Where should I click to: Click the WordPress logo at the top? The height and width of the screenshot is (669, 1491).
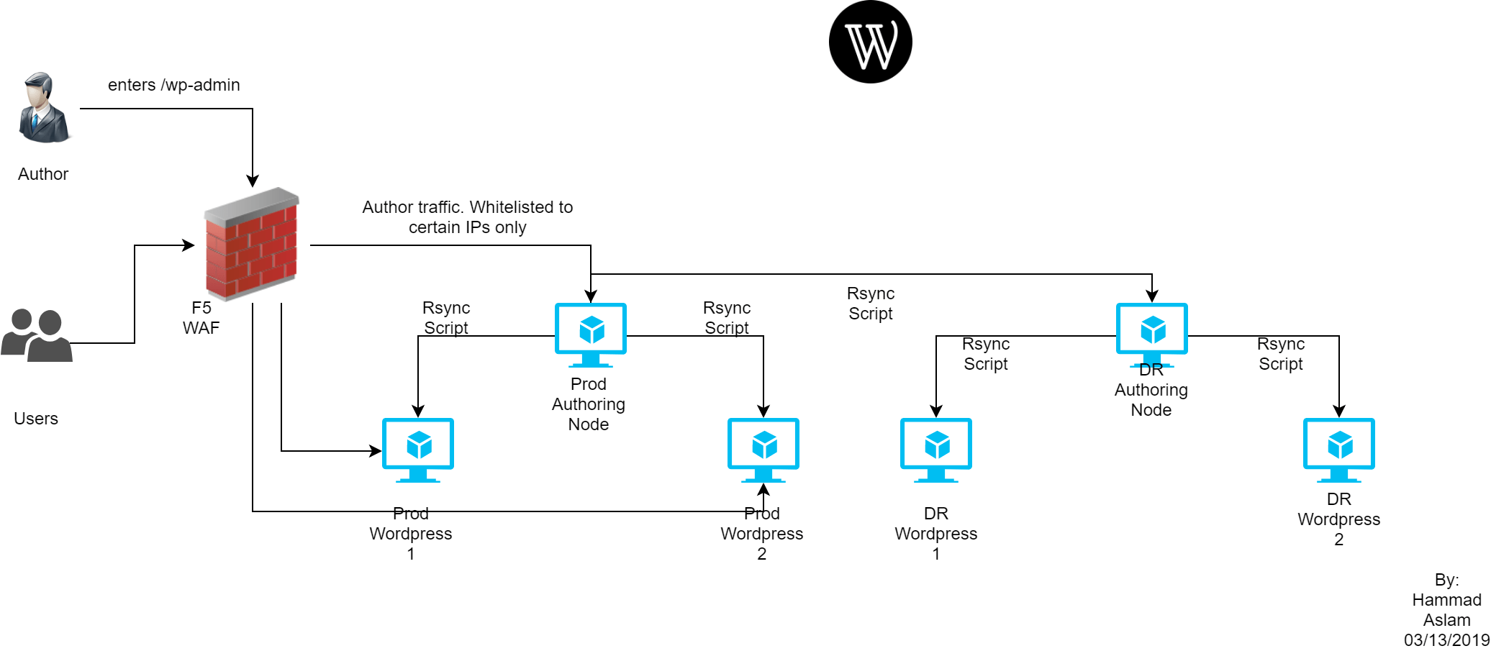point(871,42)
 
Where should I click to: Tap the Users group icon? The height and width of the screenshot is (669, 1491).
point(37,335)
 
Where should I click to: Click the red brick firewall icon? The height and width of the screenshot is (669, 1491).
point(251,244)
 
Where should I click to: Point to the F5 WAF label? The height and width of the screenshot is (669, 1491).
point(201,318)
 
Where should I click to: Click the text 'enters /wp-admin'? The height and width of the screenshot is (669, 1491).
point(174,85)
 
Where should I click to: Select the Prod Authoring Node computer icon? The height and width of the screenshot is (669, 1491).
point(591,335)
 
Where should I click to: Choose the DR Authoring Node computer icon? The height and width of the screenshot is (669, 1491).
point(1152,335)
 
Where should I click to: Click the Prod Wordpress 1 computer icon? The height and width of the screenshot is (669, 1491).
point(418,450)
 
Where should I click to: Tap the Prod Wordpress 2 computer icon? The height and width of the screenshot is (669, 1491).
point(763,450)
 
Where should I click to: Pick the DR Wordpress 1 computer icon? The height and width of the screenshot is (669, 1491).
point(936,450)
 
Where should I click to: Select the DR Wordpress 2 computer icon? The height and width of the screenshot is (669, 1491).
point(1339,450)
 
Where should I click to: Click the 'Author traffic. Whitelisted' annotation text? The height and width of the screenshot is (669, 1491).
point(468,207)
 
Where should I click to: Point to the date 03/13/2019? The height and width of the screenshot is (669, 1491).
point(1447,640)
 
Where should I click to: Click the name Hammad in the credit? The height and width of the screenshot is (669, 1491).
point(1447,600)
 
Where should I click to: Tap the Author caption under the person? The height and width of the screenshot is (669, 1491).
point(43,174)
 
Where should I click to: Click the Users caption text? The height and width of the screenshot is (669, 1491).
point(36,419)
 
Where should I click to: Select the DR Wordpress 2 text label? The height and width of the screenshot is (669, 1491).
point(1339,519)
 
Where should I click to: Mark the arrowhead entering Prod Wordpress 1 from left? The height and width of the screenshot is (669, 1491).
point(376,451)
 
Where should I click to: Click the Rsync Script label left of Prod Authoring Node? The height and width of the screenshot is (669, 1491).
point(446,318)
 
